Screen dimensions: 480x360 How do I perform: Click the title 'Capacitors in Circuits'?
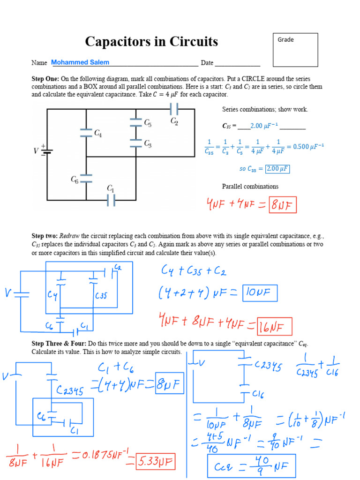point(151,42)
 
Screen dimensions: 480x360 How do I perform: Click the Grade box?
point(295,50)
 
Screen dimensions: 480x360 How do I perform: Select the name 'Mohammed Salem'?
point(80,62)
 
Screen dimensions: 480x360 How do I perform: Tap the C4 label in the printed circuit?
point(98,133)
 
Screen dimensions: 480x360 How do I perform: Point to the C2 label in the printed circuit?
point(174,121)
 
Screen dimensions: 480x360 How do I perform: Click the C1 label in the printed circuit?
point(111,188)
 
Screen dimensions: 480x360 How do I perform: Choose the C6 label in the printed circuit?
point(75,179)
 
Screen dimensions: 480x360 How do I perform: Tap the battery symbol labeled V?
point(46,150)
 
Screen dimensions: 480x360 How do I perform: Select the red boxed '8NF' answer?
point(283,205)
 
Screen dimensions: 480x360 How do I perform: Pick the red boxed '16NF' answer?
point(274,326)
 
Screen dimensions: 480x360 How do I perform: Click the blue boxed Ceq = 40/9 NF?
point(252,465)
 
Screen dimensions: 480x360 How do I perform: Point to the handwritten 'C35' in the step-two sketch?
point(101,296)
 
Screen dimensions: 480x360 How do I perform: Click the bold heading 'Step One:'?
point(45,79)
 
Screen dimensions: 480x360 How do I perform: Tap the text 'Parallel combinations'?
point(250,187)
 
